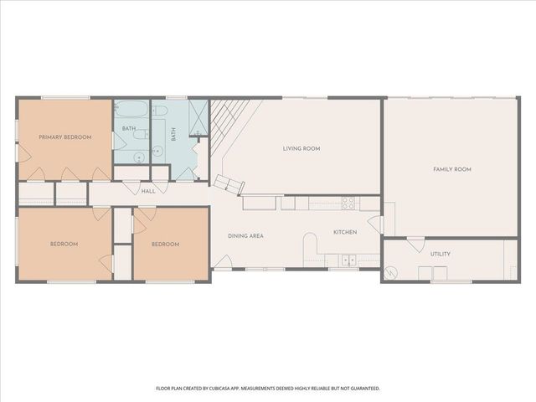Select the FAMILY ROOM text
(451, 169)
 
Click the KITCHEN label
(345, 232)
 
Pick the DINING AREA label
(245, 236)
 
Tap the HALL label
(148, 192)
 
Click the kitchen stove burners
(348, 203)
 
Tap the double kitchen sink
(348, 260)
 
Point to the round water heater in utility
(391, 272)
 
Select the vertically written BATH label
(174, 133)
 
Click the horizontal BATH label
(128, 128)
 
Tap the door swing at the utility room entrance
(415, 245)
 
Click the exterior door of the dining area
(221, 263)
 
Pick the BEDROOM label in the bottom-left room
(64, 245)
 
